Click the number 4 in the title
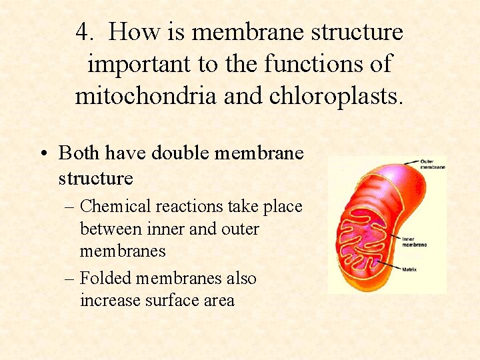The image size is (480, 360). click(x=83, y=31)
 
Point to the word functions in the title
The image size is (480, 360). click(x=310, y=63)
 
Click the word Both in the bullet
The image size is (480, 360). click(x=78, y=153)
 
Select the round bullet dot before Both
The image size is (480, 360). click(x=43, y=154)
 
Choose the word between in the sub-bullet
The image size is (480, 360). click(x=107, y=229)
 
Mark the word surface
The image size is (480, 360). click(x=163, y=301)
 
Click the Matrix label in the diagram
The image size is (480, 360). click(x=410, y=269)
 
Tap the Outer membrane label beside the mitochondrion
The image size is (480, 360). click(x=433, y=164)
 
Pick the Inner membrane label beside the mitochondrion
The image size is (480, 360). click(x=414, y=241)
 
